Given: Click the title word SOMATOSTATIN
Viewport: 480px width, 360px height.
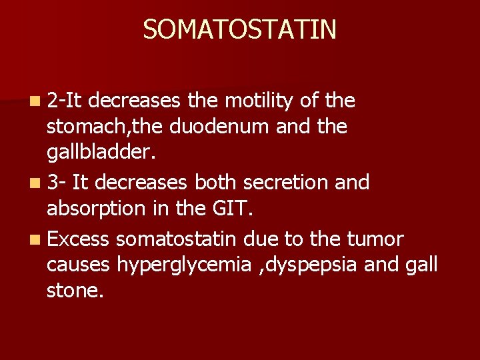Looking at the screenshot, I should [239, 29].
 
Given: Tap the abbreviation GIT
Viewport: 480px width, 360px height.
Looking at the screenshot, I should [231, 208].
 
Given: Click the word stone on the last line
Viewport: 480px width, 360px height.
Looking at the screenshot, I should [75, 290].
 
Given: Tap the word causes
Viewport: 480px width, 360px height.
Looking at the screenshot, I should [78, 264].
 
